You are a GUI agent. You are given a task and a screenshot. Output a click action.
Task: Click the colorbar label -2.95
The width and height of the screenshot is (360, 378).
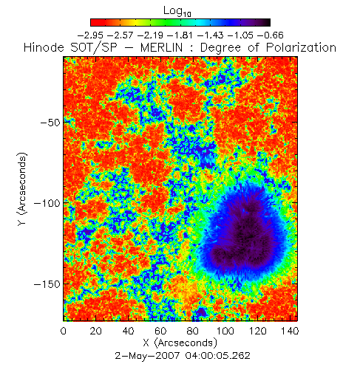90,35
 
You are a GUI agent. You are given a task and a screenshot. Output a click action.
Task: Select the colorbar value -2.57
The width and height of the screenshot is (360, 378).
120,35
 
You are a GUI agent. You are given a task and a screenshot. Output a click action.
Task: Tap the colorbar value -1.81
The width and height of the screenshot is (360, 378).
180,35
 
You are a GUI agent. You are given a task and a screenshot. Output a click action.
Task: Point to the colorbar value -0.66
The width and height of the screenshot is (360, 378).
271,35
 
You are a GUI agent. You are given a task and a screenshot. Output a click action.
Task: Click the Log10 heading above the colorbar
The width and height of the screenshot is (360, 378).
177,11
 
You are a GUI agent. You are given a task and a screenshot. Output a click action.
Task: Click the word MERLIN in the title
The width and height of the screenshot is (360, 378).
162,47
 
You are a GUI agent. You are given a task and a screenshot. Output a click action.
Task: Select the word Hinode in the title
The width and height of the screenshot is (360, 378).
44,47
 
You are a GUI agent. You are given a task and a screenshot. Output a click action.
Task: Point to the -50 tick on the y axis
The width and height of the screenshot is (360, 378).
50,122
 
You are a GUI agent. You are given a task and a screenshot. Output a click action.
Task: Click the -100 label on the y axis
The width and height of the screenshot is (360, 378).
47,203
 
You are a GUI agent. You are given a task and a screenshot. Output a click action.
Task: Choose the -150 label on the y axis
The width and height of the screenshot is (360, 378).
47,284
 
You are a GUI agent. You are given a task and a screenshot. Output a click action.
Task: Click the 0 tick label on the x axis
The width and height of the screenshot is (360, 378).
64,331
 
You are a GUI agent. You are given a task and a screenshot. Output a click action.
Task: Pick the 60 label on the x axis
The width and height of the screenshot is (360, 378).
160,331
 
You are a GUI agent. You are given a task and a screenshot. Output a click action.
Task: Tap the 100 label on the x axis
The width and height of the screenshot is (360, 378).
225,331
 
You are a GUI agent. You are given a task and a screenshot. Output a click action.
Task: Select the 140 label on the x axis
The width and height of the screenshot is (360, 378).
290,331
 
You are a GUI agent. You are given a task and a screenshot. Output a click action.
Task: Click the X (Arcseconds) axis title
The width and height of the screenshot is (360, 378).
180,343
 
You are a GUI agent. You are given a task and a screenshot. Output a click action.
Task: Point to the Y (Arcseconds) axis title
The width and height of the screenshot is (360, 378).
22,189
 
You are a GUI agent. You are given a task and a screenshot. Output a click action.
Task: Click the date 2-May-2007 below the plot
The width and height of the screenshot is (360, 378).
147,355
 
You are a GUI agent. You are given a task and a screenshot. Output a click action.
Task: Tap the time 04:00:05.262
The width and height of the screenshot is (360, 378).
218,355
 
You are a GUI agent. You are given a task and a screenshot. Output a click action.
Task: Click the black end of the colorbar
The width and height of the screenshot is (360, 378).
268,22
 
